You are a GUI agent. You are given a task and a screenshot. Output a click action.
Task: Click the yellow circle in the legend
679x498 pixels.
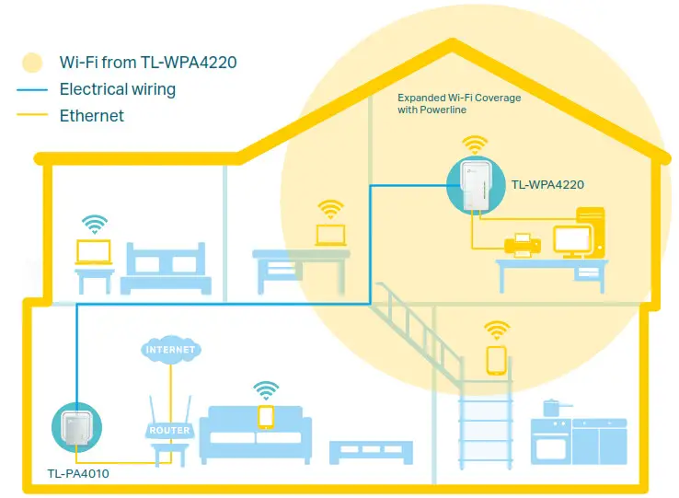[x=33, y=64]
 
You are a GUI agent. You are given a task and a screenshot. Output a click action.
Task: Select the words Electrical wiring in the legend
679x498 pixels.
[x=117, y=89]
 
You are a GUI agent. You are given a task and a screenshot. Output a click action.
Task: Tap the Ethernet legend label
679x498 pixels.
[x=91, y=116]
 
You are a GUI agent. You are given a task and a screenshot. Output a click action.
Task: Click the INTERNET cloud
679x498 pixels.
[x=170, y=350]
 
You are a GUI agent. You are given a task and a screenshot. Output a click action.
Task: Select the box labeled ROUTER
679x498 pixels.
[x=169, y=430]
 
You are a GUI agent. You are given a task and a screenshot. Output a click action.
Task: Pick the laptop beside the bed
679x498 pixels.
[x=93, y=250]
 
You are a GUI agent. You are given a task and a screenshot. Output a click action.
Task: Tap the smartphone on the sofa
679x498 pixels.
[x=266, y=416]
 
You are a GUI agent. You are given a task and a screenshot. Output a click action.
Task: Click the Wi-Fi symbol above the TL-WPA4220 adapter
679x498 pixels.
[x=475, y=145]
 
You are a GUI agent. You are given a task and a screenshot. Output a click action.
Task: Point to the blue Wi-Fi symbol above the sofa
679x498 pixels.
[x=266, y=390]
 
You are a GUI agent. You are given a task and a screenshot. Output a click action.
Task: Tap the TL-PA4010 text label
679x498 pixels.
[x=78, y=476]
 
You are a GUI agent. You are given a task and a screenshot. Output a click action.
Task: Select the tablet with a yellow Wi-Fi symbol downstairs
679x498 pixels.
[x=497, y=359]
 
